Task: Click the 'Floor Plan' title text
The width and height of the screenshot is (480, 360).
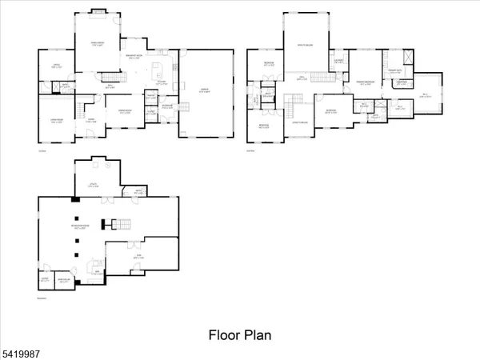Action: tap(240, 334)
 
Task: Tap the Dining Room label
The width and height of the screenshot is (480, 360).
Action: tap(126, 112)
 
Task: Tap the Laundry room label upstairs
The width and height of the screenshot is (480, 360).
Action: tap(339, 62)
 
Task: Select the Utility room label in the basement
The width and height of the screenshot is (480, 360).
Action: tap(96, 185)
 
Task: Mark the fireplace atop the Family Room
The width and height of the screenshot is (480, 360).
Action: tap(97, 11)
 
